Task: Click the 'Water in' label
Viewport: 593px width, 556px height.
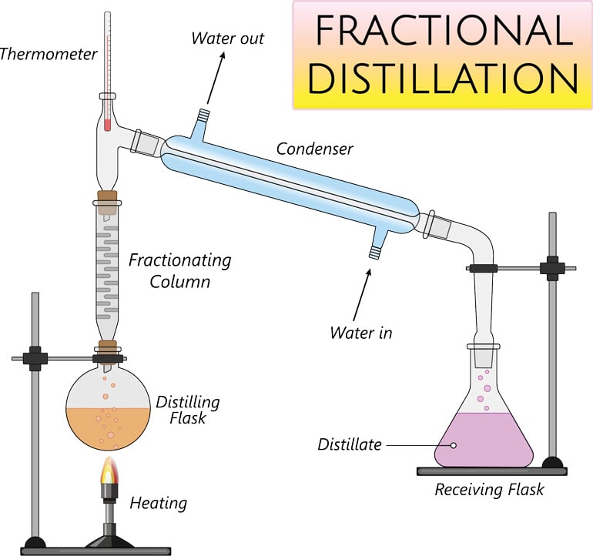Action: coord(361,333)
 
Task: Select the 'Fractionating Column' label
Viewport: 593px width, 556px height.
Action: coord(179,270)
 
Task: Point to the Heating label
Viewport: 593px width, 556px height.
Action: coord(158,504)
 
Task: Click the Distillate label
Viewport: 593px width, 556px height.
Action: coord(350,445)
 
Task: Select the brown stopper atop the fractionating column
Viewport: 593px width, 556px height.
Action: coord(107,199)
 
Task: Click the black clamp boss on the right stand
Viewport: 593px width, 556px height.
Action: coord(552,269)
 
